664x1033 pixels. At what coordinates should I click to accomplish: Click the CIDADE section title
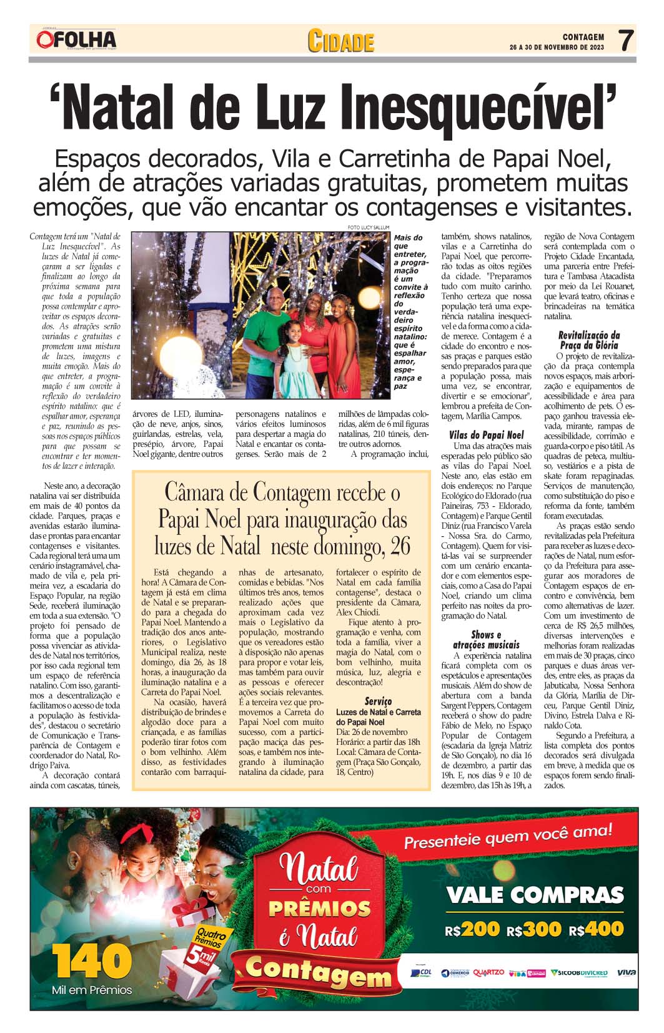click(340, 42)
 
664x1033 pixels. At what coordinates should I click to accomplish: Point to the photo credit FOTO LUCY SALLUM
click(368, 227)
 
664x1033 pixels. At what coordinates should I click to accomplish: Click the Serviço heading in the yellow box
click(378, 701)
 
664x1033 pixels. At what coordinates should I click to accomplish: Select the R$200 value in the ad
click(473, 929)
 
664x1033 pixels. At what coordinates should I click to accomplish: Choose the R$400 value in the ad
click(596, 929)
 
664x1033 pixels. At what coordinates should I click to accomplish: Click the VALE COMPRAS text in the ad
click(535, 896)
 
